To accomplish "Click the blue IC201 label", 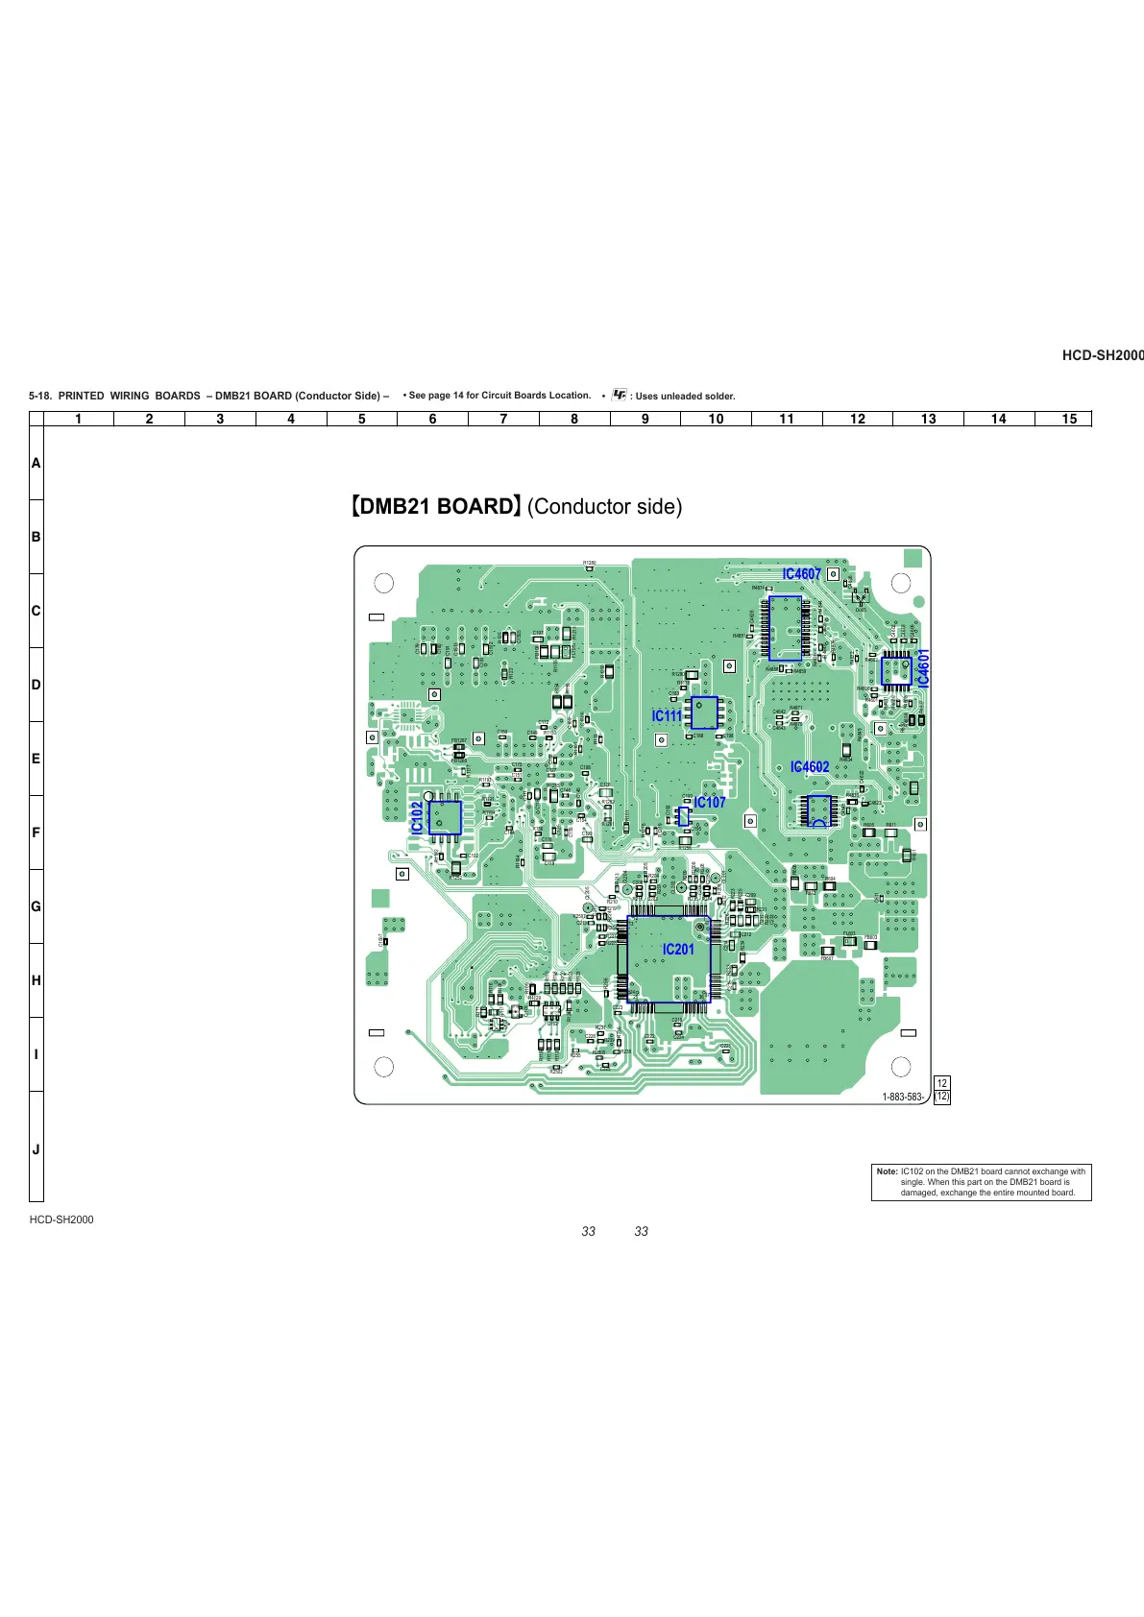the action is click(678, 949).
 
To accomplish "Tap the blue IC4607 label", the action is click(801, 574).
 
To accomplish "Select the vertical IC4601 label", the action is click(923, 667).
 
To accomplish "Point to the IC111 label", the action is click(667, 715).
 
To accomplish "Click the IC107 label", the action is click(710, 802).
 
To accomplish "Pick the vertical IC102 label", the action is click(417, 818).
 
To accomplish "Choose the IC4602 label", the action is click(810, 766).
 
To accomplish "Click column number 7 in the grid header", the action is click(503, 419).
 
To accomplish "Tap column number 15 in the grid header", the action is click(1069, 419).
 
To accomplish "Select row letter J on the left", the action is click(36, 1149).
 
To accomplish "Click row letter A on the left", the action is click(36, 463).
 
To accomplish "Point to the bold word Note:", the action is click(887, 1171).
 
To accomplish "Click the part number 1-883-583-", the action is click(903, 1097).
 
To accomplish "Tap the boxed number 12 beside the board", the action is click(941, 1083).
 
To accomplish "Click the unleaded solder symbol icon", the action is click(620, 395).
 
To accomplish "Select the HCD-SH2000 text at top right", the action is click(1102, 355).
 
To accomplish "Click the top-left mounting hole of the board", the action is click(383, 583).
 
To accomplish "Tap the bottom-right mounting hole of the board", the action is click(901, 1066).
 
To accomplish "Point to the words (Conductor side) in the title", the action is click(604, 506).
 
